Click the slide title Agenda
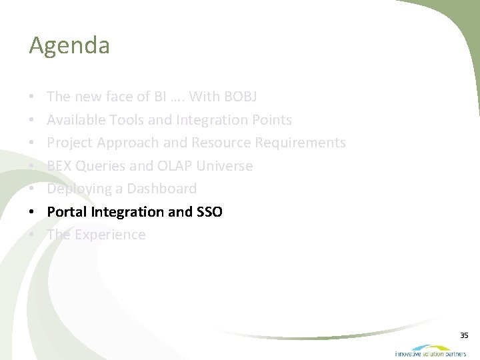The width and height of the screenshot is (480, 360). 69,46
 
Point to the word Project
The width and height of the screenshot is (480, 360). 70,143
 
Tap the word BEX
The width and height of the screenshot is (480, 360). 59,166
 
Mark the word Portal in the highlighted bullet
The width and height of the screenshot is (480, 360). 67,212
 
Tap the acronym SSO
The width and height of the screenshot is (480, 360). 209,212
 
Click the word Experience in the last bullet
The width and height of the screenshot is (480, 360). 109,235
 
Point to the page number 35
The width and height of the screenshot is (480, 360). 464,335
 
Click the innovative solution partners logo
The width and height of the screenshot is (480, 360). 430,351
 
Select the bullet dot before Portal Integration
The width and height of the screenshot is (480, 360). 33,213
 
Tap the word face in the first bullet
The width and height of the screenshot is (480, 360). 120,97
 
